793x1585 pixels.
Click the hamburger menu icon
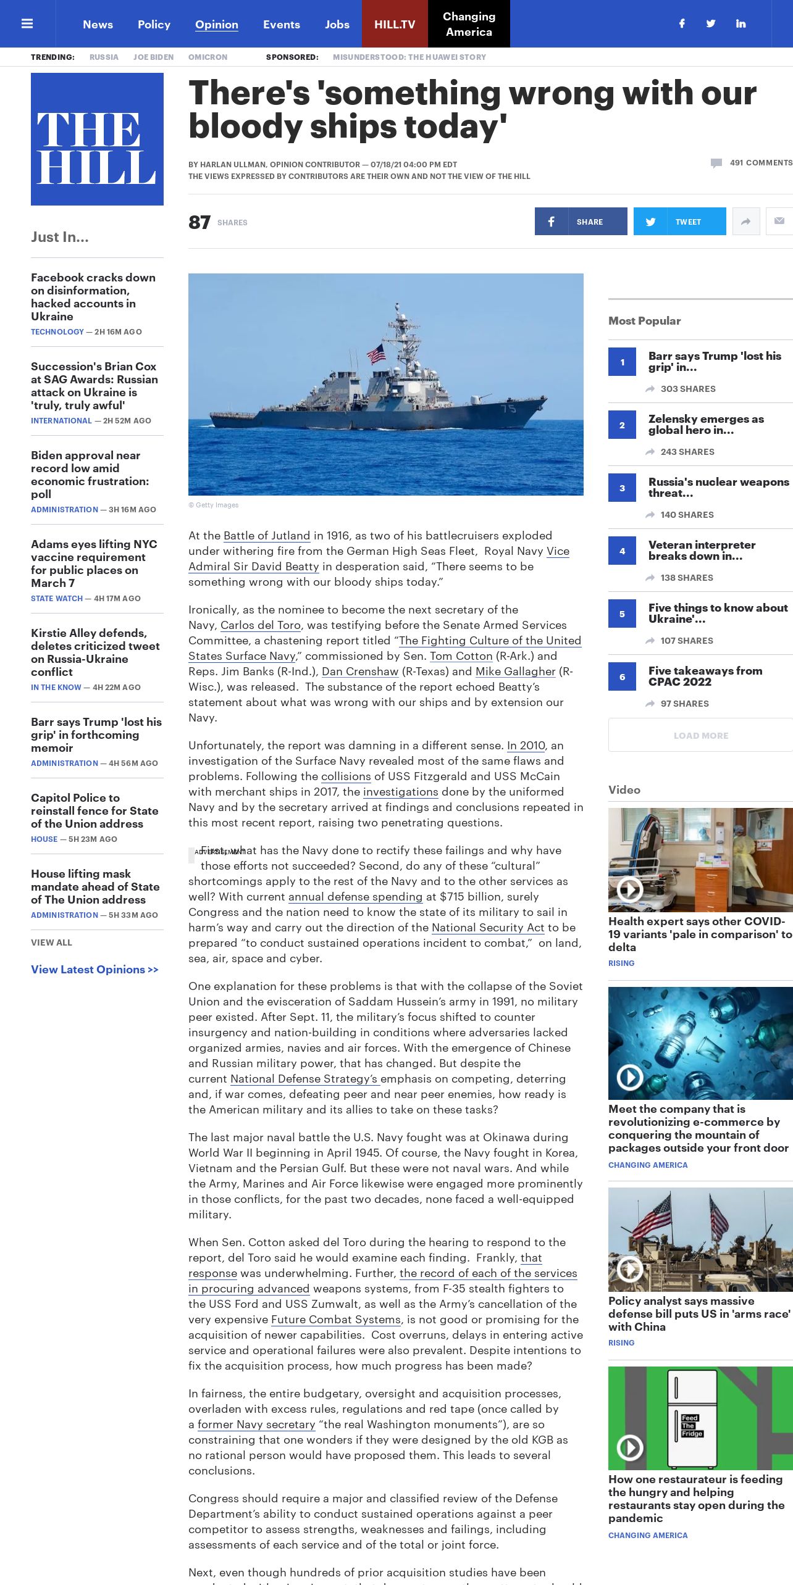click(x=27, y=23)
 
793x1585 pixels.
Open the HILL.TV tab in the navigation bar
click(x=395, y=24)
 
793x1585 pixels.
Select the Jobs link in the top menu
click(x=337, y=24)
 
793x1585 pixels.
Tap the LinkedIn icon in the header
click(x=741, y=23)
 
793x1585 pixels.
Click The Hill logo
click(x=97, y=139)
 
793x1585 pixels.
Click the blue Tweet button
click(x=679, y=222)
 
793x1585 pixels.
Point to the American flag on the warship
click(x=376, y=354)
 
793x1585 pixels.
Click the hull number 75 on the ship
click(x=508, y=409)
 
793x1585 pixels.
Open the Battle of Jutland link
click(x=267, y=536)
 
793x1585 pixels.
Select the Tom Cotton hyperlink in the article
click(x=461, y=656)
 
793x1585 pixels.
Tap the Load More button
click(x=700, y=735)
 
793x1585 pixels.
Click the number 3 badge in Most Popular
click(x=622, y=488)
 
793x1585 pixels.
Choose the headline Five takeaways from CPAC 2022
click(x=705, y=676)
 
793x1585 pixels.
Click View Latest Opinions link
click(x=94, y=970)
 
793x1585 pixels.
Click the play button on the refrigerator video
click(x=630, y=1447)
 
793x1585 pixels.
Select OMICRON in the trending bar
click(x=208, y=57)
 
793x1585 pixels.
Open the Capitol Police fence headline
click(x=94, y=810)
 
